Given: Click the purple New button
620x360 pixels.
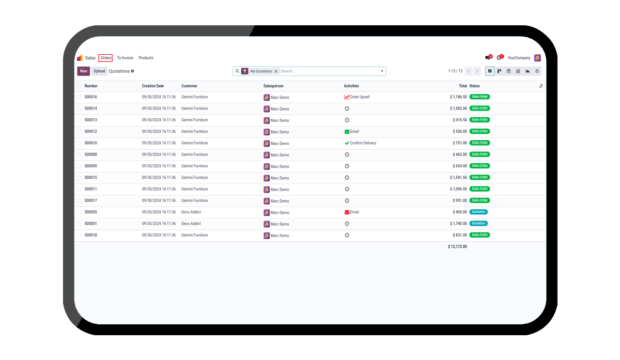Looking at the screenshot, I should tap(83, 71).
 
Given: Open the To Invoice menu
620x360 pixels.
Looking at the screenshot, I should tap(125, 58).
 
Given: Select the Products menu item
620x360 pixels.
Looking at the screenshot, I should tap(146, 58).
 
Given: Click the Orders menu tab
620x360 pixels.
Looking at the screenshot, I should tap(106, 58).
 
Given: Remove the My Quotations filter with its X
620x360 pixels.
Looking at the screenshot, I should tap(276, 71).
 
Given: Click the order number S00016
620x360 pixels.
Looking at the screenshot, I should tap(91, 97).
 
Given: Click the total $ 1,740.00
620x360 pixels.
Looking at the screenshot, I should tap(457, 224).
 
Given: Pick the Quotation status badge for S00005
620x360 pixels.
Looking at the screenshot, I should tap(478, 212).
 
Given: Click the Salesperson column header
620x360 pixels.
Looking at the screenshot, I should tap(273, 86).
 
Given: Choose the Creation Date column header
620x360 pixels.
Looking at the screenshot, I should tap(153, 86).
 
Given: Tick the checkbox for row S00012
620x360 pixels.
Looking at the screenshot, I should tap(79, 132).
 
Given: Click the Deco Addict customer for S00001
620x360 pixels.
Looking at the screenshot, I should tap(191, 224).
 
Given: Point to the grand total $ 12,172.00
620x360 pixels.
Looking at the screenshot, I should tap(457, 247).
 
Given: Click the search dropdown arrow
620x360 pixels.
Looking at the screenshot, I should tap(382, 71).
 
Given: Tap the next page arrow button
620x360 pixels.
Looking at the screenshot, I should tap(477, 71).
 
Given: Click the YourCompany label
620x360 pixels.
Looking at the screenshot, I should tap(519, 58).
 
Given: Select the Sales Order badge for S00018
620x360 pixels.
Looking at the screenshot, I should tap(480, 235).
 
